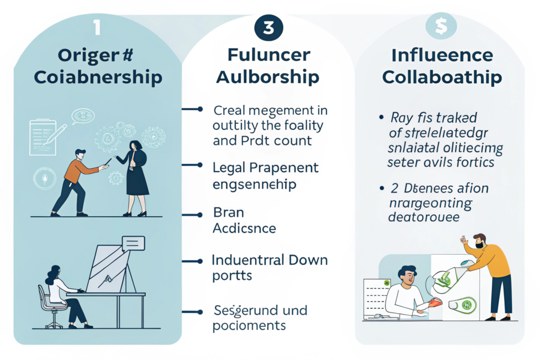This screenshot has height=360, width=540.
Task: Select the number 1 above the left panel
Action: [97, 28]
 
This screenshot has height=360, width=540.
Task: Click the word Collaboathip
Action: [441, 77]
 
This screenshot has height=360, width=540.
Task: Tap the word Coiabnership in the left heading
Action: [97, 77]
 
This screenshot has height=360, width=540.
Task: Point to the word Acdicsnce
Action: [244, 228]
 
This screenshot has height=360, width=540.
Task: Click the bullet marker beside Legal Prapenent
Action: [199, 165]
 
